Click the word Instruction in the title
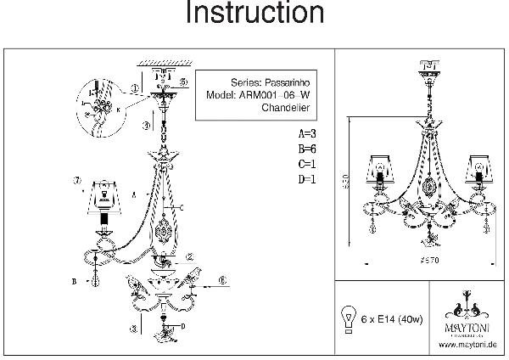click(254, 14)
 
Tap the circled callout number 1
click(136, 89)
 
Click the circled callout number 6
click(223, 279)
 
